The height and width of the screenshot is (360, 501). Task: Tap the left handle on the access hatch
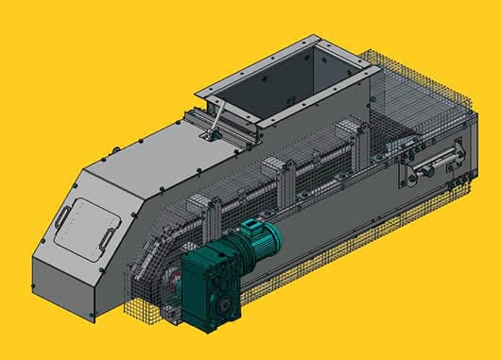point(62,216)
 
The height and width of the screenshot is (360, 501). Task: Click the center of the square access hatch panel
point(86,225)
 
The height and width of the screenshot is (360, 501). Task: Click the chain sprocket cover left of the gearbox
point(166,280)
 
